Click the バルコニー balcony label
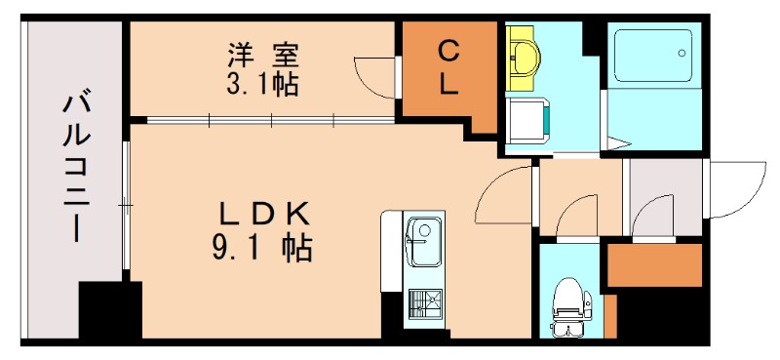click(x=74, y=166)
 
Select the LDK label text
click(x=260, y=212)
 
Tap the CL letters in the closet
click(x=448, y=66)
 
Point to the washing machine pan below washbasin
click(x=527, y=119)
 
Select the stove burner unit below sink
click(x=424, y=304)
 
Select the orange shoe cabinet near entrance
click(x=654, y=264)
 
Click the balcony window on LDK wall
click(x=125, y=205)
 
